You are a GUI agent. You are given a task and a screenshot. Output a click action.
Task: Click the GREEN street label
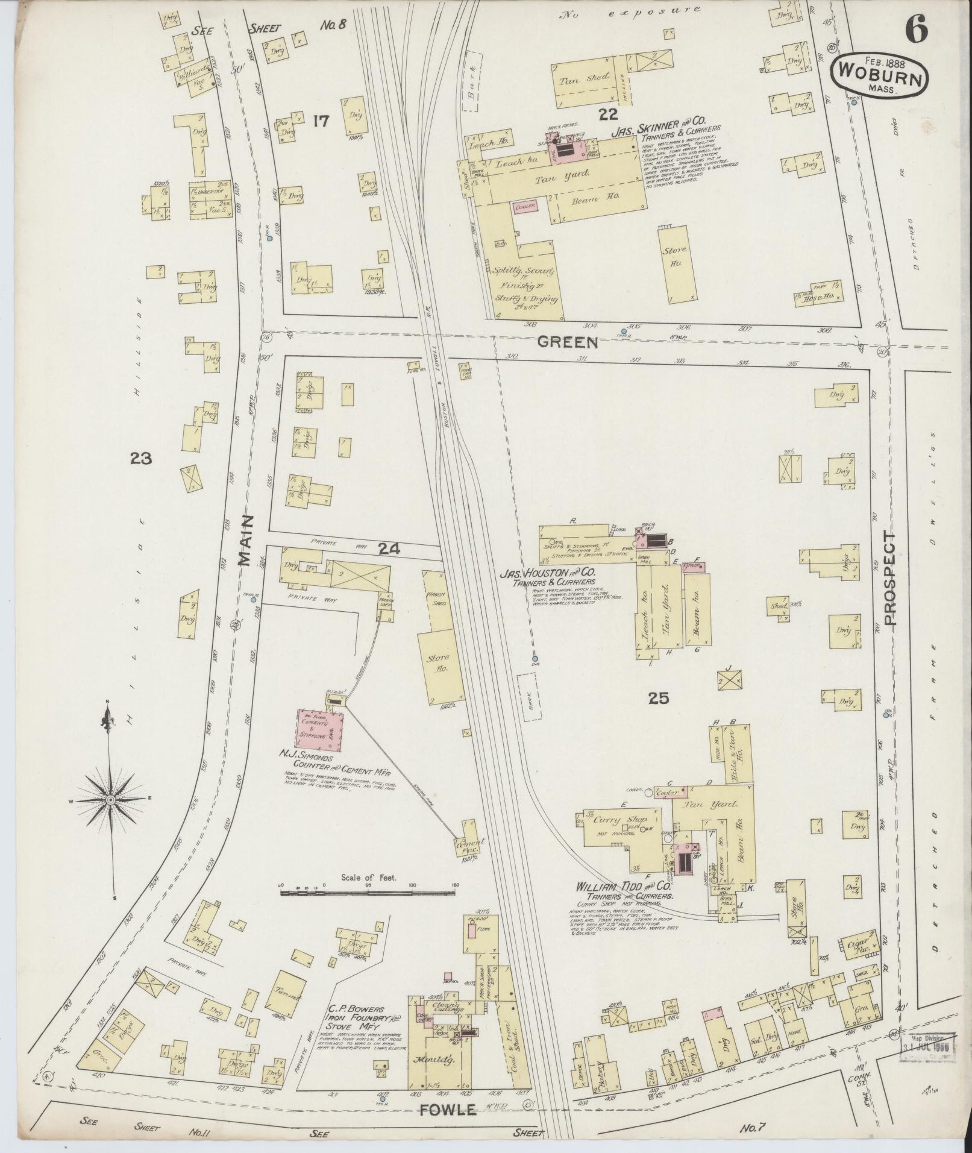568,343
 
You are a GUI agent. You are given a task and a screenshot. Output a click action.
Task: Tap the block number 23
140,459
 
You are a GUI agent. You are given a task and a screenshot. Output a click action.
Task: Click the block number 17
321,121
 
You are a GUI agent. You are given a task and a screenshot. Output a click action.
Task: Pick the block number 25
659,699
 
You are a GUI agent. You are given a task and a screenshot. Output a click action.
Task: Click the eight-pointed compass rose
111,799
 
